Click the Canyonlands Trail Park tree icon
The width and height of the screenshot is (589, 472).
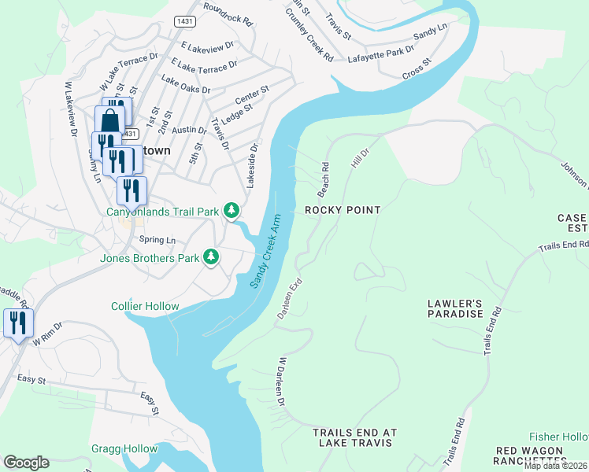coord(232,211)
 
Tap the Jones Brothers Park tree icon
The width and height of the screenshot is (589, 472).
coord(211,256)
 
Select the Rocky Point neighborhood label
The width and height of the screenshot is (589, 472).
coord(343,210)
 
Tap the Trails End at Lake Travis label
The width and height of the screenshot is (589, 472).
coord(354,438)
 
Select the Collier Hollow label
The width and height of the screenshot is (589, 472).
coord(145,306)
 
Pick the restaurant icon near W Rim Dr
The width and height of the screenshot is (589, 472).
coord(17,323)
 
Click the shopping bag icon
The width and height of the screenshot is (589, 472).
coord(109,123)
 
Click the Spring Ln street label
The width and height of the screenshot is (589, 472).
coord(157,240)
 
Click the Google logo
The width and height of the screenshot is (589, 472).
coord(26,463)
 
